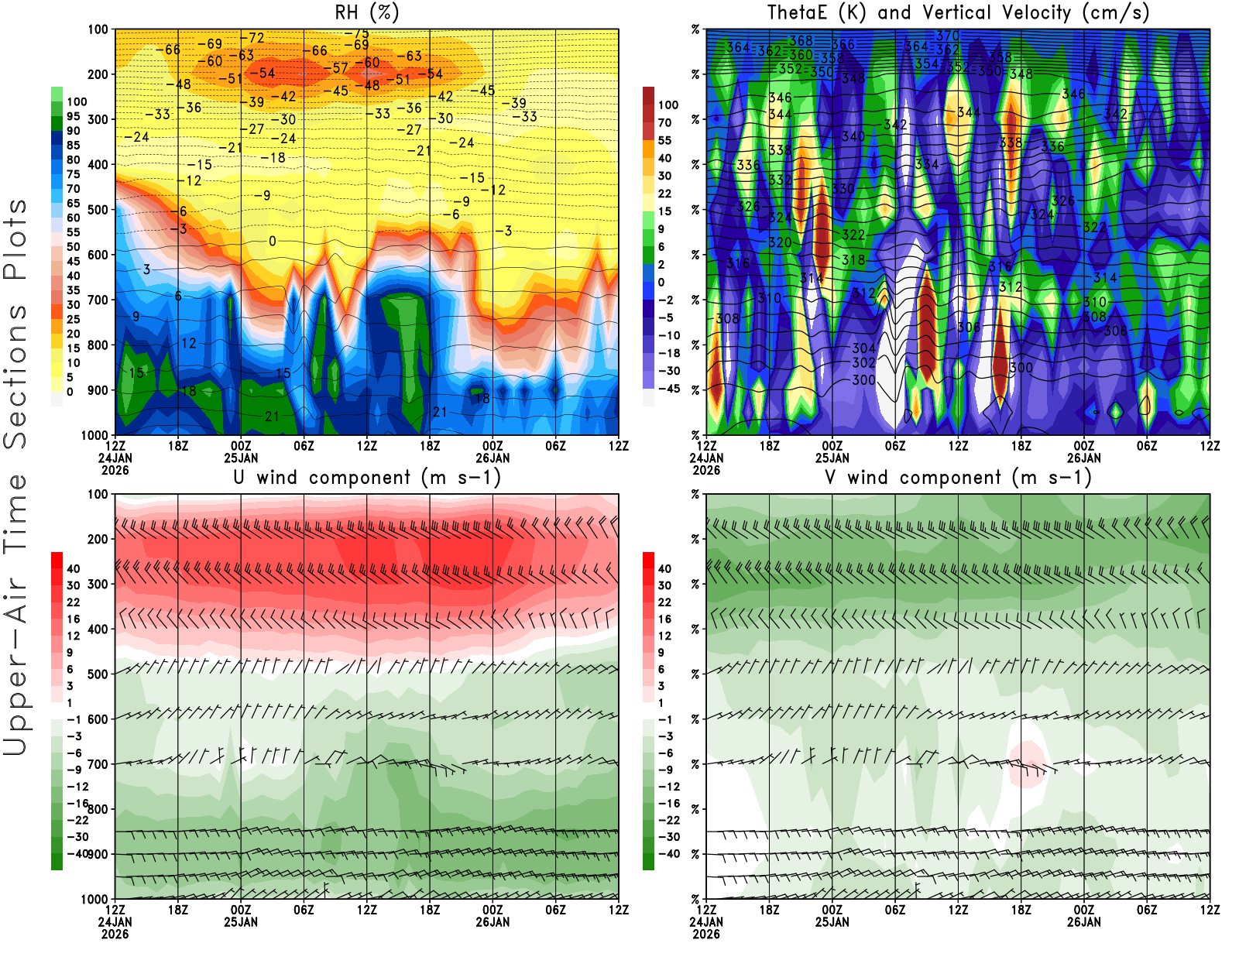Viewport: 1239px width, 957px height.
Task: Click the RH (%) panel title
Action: [367, 12]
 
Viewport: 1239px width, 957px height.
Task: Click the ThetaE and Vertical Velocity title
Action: [958, 12]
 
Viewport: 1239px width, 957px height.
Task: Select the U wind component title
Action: [367, 477]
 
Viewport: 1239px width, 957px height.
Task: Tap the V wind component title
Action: [958, 477]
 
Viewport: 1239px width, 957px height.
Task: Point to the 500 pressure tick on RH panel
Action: [98, 209]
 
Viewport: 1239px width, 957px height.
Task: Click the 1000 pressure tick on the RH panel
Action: [95, 435]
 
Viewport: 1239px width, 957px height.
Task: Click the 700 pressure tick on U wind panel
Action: [98, 764]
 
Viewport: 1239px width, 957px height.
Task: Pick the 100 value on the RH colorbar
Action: [77, 101]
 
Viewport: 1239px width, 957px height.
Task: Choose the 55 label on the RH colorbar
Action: [73, 232]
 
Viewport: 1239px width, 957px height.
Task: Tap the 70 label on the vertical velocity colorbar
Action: [664, 122]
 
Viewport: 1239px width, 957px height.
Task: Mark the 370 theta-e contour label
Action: [947, 36]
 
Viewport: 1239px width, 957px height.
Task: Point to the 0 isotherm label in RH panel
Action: [273, 241]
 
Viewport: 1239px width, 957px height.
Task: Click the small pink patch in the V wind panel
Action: [1027, 763]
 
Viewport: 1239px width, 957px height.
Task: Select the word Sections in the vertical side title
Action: [15, 376]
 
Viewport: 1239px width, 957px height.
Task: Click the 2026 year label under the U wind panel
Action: [115, 934]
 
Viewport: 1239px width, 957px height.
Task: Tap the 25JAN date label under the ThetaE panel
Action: [832, 458]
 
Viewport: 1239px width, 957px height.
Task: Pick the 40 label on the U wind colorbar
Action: [73, 568]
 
